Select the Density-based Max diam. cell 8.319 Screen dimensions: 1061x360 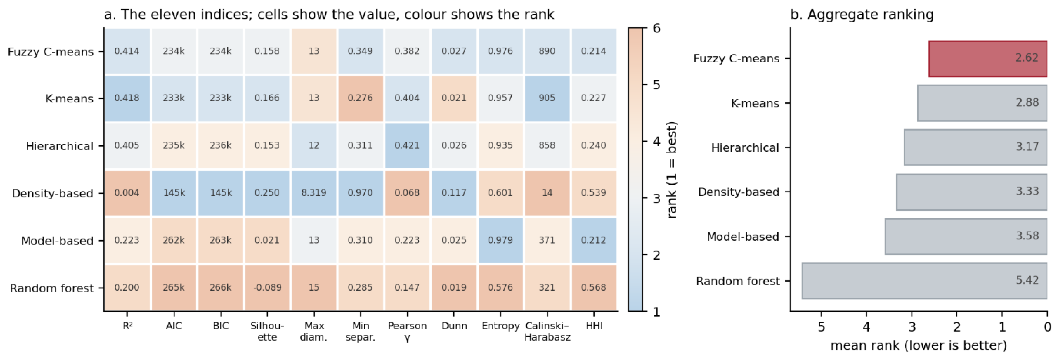(314, 193)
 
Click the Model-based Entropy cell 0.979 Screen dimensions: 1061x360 (500, 240)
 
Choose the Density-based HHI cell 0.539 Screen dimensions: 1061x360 (593, 193)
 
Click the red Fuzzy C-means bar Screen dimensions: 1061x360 (988, 58)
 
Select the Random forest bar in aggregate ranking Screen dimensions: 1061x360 (925, 281)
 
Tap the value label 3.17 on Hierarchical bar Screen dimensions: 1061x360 (1027, 147)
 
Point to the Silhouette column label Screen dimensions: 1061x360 (267, 332)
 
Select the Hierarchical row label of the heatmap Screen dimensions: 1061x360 (59, 146)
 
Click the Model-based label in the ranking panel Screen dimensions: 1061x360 (742, 237)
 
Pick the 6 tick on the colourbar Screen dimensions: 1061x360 (656, 28)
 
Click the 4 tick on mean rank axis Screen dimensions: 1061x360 (866, 327)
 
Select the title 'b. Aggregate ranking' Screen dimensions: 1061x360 (862, 15)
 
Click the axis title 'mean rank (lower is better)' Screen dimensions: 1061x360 (919, 345)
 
